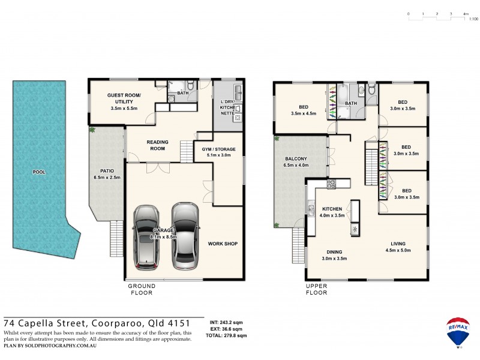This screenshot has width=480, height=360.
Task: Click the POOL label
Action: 39,172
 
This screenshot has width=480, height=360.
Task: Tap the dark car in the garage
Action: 147,237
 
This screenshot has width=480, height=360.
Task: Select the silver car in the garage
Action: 185,235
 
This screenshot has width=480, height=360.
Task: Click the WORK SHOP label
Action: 223,244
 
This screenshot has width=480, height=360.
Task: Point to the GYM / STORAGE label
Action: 218,149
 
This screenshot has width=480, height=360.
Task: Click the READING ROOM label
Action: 158,145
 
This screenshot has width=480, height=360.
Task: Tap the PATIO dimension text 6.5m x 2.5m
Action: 107,178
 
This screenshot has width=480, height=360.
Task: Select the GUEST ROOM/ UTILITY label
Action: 124,99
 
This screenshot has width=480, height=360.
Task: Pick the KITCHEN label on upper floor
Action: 332,209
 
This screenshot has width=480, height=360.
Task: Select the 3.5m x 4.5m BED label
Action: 303,113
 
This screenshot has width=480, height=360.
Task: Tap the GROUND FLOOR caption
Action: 141,289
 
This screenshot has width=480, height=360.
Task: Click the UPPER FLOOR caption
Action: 316,289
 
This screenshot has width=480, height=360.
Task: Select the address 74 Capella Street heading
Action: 100,322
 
